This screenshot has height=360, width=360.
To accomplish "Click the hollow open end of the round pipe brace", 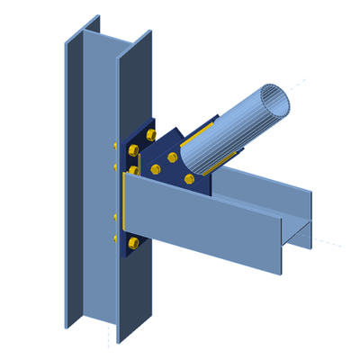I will click(x=274, y=98).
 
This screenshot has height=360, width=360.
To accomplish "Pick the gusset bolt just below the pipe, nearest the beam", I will click(x=188, y=180).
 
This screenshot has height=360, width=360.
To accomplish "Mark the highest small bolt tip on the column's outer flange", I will click(x=114, y=145).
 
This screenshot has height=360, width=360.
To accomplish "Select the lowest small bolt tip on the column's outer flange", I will click(x=115, y=238).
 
